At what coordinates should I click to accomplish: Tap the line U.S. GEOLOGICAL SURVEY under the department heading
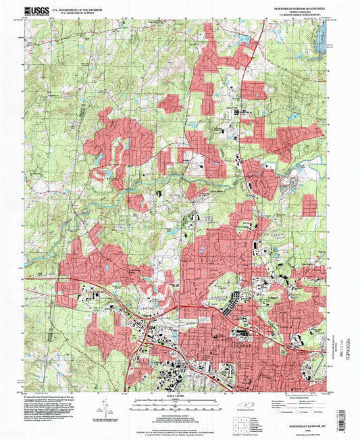(68, 12)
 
